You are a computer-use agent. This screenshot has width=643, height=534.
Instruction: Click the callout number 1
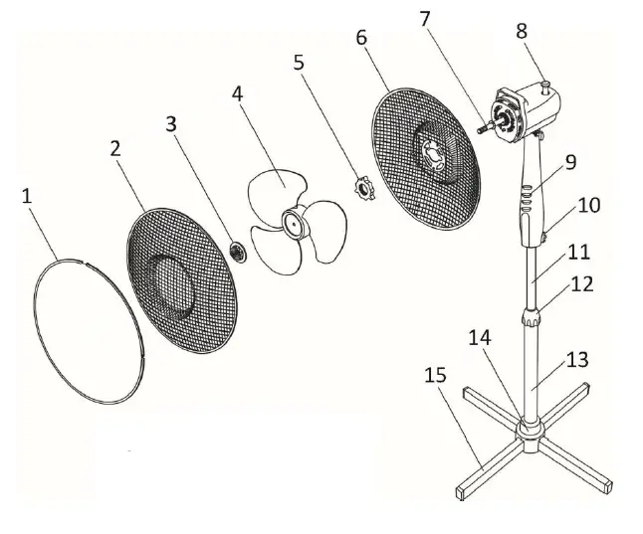27,196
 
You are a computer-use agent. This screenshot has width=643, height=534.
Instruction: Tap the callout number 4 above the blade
237,93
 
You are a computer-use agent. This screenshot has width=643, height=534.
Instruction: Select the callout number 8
522,30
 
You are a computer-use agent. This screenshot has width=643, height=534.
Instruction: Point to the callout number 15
434,376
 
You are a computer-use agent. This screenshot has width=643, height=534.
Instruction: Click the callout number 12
582,283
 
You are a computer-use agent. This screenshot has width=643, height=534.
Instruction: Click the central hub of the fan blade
294,225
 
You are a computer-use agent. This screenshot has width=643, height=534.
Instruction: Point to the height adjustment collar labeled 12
531,319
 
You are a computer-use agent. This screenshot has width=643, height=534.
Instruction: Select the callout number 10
590,206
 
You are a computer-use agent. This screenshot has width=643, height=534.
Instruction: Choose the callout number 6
360,39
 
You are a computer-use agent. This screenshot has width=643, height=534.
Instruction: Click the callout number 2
116,148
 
